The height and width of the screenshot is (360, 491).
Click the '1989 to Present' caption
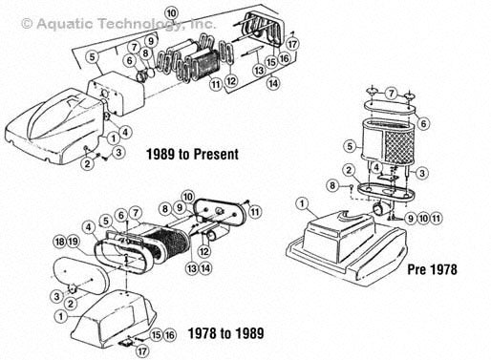pos(192,155)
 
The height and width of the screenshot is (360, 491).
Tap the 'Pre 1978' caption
pos(432,269)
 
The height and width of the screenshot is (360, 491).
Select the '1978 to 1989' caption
pos(225,333)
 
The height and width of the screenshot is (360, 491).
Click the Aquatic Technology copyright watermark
pos(118,24)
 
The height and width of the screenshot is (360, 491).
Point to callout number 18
pos(60,242)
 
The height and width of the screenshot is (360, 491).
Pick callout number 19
pos(73,242)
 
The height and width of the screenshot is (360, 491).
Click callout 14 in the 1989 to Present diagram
pos(273,83)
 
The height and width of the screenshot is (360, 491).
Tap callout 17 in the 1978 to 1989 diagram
pos(142,351)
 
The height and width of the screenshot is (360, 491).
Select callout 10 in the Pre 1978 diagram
pos(423,219)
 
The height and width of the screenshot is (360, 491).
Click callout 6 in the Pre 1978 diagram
pos(423,123)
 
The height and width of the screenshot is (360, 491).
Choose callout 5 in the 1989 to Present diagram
pos(93,57)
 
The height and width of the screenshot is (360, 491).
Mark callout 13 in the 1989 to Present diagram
pos(259,70)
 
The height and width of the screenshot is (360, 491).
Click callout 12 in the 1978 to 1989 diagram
pos(204,251)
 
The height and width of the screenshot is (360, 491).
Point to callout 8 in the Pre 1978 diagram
pos(332,185)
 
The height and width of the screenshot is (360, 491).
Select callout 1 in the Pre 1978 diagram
pos(303,203)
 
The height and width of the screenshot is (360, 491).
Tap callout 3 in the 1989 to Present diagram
pos(118,152)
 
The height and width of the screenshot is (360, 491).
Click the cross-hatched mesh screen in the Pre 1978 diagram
pos(397,147)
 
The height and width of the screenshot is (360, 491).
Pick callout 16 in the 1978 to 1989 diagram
pos(170,335)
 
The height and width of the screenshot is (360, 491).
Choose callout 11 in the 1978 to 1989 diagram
pos(255,212)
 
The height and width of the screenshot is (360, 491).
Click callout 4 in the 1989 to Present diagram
pos(125,132)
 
